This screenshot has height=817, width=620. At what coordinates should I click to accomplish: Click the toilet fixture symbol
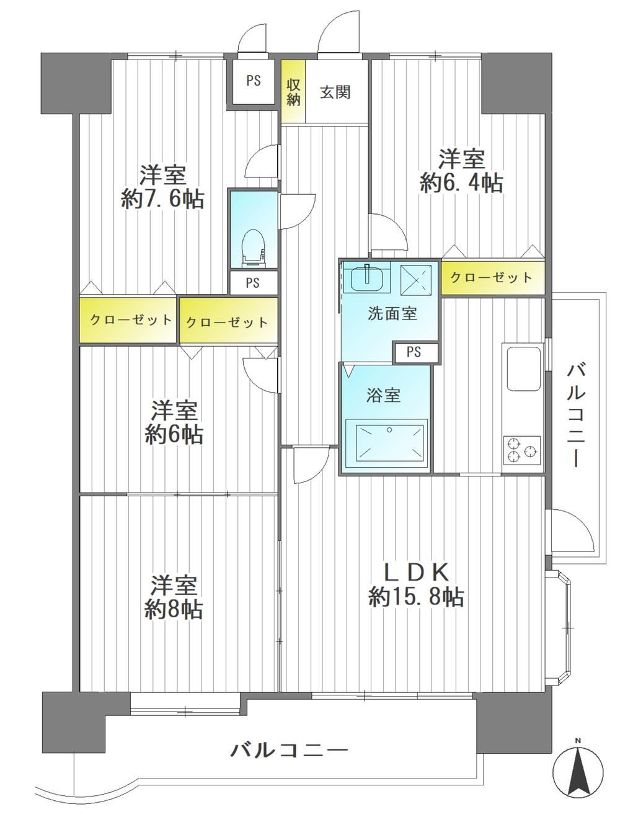click(x=254, y=248)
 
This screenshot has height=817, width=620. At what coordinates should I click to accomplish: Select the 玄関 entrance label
click(x=335, y=92)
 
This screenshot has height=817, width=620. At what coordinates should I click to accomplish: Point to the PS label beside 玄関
click(x=254, y=81)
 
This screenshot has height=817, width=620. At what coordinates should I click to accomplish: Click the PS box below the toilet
click(x=253, y=283)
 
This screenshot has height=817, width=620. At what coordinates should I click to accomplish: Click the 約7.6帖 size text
click(x=162, y=200)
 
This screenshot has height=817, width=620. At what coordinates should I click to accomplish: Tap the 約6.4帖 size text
click(x=461, y=183)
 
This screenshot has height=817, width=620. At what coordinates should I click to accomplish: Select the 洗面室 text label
click(x=392, y=313)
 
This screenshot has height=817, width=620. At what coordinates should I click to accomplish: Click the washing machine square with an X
click(x=415, y=280)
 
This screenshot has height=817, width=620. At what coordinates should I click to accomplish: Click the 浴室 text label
click(x=383, y=395)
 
